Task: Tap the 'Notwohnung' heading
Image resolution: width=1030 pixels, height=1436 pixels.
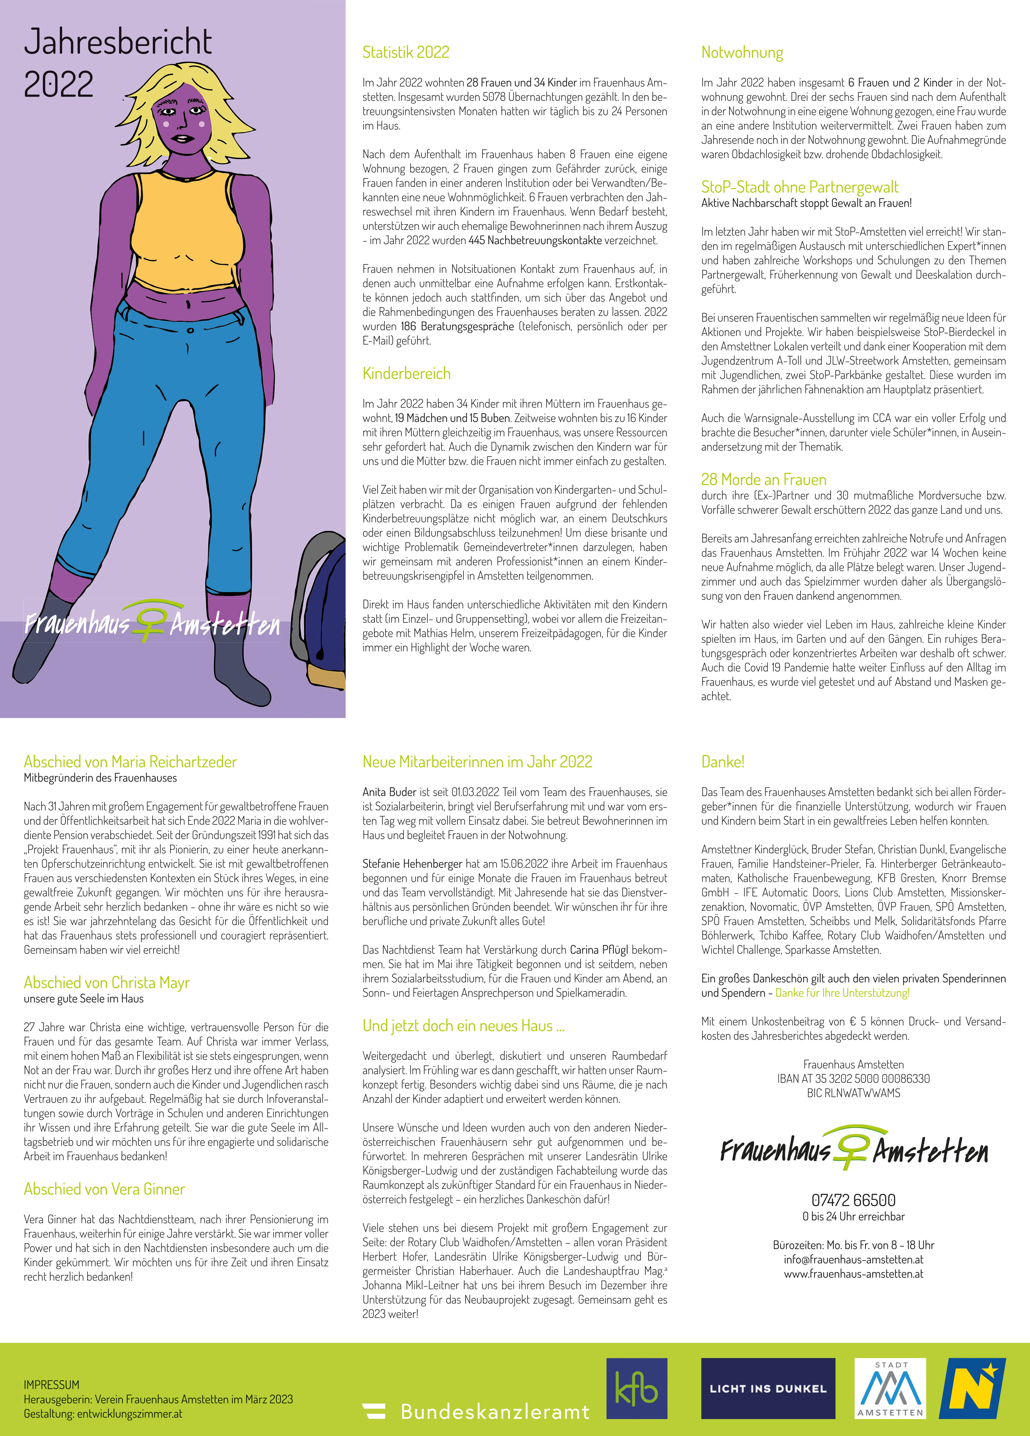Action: tap(742, 52)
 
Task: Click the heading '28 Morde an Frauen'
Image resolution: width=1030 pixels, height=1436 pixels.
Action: tap(763, 479)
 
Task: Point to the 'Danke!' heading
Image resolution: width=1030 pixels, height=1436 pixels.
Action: tap(723, 762)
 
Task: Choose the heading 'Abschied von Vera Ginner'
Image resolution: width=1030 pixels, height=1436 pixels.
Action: tap(104, 1189)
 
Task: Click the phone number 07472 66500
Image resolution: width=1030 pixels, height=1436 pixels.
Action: tap(853, 1200)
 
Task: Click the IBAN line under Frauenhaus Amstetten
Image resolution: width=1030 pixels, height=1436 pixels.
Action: tap(853, 1078)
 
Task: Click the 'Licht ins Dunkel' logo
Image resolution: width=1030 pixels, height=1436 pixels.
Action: tap(768, 1388)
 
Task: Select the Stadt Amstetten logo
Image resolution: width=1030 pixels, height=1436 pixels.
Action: tap(890, 1388)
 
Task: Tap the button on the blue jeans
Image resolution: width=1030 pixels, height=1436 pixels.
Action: tap(190, 330)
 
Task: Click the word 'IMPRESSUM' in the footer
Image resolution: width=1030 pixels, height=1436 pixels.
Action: tap(51, 1385)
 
